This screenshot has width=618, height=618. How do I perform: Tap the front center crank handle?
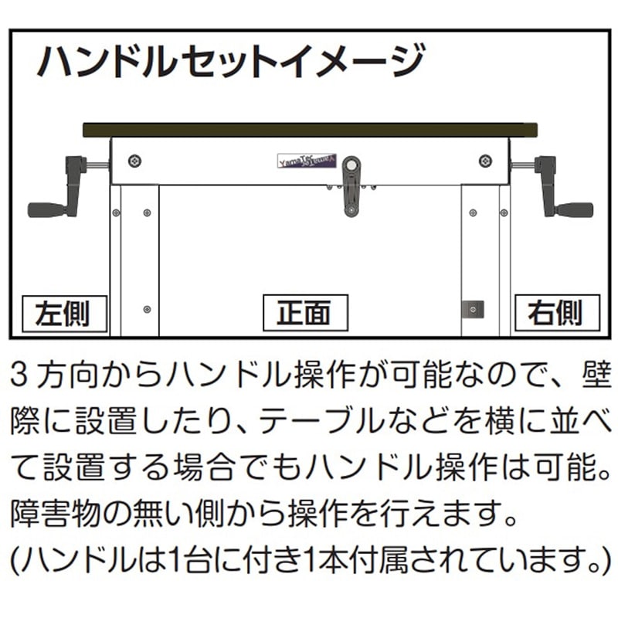click(x=351, y=185)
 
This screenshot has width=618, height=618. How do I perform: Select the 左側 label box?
click(x=63, y=313)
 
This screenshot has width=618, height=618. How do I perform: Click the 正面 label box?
click(x=305, y=313)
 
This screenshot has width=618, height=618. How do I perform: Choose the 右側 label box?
click(x=555, y=313)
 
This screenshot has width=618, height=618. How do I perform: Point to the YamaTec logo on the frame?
click(x=302, y=160)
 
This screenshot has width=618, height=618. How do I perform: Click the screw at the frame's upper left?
click(x=135, y=161)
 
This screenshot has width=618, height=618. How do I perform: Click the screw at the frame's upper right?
click(x=484, y=161)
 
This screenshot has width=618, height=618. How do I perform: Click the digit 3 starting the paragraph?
click(x=21, y=376)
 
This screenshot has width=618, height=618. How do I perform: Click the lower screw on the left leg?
click(x=147, y=309)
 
